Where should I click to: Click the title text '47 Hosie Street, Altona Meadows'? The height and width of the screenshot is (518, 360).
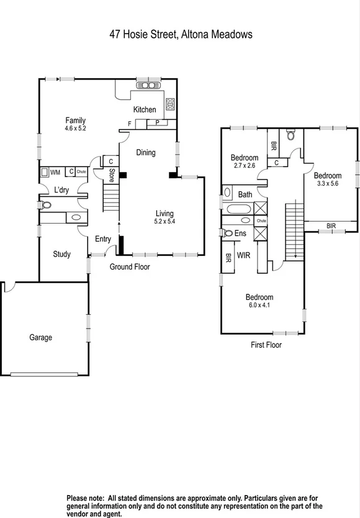coord(180,35)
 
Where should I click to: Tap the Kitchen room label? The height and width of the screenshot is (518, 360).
coord(145,110)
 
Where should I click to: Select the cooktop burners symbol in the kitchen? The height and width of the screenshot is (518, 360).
coord(169,104)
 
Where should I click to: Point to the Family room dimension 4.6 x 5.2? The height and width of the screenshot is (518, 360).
coord(74,129)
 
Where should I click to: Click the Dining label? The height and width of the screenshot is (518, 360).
coord(146,153)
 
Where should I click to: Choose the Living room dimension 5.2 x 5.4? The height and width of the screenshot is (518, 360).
coord(164,221)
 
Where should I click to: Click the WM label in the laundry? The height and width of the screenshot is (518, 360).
coord(55,172)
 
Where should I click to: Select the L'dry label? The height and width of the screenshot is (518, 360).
coord(61,189)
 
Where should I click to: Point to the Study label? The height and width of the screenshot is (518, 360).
coord(61,254)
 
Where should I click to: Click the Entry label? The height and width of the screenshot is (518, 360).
coord(103,239)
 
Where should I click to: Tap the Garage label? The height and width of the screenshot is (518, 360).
coord(41,337)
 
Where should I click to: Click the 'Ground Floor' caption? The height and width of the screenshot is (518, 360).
coord(130,267)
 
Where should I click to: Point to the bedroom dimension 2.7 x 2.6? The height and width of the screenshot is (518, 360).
coord(244,166)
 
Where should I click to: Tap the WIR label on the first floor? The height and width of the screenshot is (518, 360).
coord(243,254)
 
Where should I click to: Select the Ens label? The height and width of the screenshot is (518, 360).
coord(240,234)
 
